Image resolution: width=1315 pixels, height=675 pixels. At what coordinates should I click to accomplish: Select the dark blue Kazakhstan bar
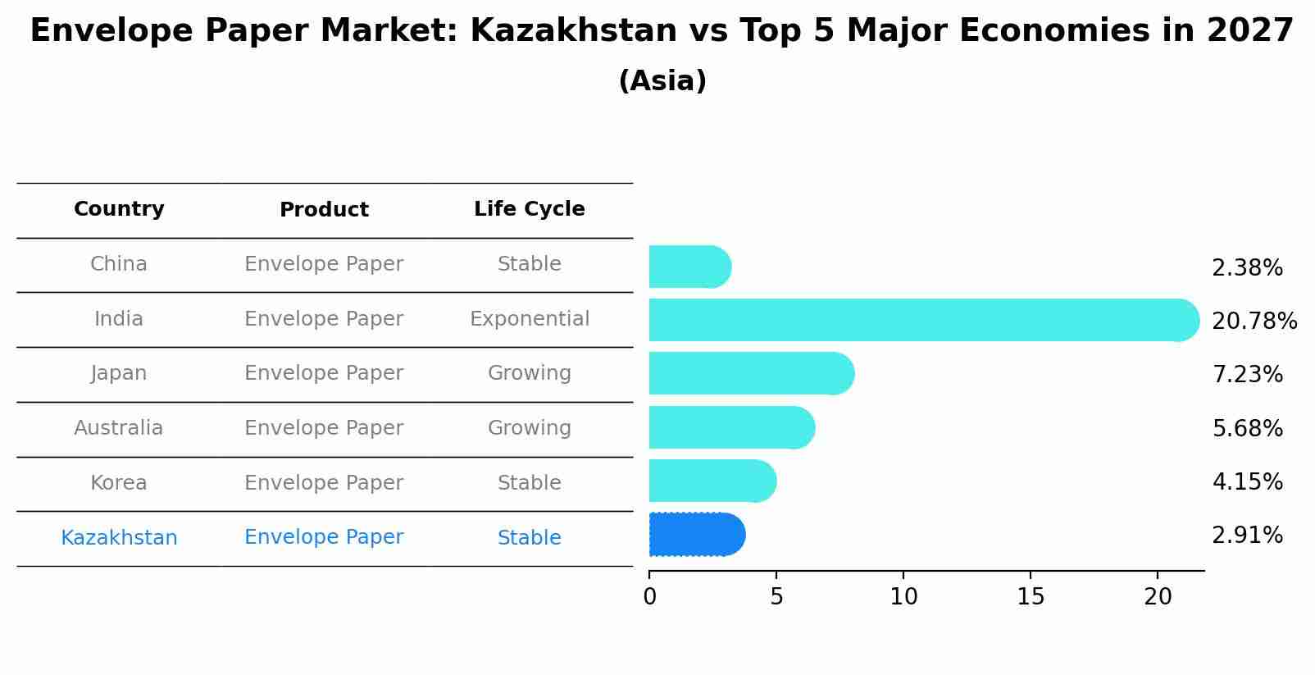coord(696,535)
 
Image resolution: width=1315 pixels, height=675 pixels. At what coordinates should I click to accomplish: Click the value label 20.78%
coord(1254,322)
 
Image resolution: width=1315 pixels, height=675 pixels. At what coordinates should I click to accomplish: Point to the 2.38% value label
coord(1246,268)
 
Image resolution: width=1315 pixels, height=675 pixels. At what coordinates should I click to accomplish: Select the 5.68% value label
coord(1246,428)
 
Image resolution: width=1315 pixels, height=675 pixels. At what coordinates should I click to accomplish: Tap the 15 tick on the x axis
coord(1031,597)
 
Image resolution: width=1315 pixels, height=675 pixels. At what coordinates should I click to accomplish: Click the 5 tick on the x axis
coord(776,597)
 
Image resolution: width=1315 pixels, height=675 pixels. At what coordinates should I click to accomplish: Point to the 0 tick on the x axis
coord(649,597)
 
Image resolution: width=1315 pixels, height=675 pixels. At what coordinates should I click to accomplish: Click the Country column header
coord(119,209)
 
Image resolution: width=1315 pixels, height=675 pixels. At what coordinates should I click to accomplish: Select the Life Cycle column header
coord(529,209)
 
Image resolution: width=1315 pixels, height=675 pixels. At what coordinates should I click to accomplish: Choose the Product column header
coord(324,210)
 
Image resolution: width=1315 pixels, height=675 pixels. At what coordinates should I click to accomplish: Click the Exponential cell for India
coord(529,319)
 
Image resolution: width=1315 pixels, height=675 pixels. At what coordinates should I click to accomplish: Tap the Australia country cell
coord(119,428)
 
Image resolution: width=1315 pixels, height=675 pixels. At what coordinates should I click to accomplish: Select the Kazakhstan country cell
coord(119,538)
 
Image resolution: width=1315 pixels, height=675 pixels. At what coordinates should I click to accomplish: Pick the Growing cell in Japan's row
coord(529,373)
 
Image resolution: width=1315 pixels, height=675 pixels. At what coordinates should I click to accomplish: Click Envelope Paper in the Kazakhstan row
coord(324,537)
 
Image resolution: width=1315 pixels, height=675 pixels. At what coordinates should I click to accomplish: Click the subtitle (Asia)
coord(662,81)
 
